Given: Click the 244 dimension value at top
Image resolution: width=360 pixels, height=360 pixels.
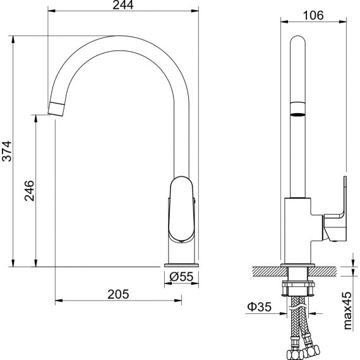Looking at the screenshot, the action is click(123, 5).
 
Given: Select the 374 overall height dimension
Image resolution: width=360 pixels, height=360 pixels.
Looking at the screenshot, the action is click(6, 151).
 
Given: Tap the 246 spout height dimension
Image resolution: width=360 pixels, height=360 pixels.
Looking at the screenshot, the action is click(30, 191).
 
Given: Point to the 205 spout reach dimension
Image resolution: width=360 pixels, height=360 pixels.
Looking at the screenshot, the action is click(118, 294).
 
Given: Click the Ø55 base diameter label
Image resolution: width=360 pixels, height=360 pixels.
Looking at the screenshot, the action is click(181, 277).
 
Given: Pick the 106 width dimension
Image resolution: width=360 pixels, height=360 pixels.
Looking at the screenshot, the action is click(313, 16).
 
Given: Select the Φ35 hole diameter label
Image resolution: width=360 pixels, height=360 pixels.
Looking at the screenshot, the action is click(259, 306).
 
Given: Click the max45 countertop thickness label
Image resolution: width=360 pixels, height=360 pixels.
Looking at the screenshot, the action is click(347, 311).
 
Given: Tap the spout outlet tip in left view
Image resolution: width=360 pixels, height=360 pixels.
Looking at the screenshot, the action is click(56, 109).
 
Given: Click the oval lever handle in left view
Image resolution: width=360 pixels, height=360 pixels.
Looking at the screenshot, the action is click(182, 209).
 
